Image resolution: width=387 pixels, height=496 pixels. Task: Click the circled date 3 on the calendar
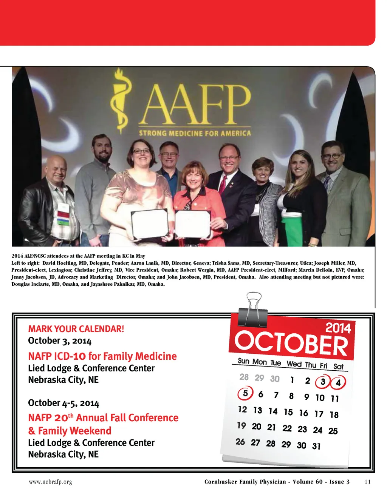[323, 382]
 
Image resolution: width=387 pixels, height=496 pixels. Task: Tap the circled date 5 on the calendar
[245, 394]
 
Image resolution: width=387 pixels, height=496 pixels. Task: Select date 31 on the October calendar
[316, 446]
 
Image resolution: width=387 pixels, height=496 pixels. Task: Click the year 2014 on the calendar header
[338, 328]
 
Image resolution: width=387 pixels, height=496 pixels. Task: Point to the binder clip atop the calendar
[253, 310]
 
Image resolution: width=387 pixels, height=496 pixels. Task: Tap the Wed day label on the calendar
[294, 364]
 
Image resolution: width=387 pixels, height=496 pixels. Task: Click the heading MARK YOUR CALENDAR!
[76, 329]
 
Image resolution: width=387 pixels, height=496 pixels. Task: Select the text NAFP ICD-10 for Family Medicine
[102, 356]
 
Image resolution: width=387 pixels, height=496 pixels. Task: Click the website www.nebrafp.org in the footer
[50, 482]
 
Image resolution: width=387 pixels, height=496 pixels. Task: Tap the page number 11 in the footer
[368, 482]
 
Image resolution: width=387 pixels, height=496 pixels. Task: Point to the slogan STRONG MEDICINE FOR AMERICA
[195, 133]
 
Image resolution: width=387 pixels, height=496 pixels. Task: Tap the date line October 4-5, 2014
[63, 403]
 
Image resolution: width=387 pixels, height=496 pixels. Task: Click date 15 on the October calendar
[288, 412]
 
